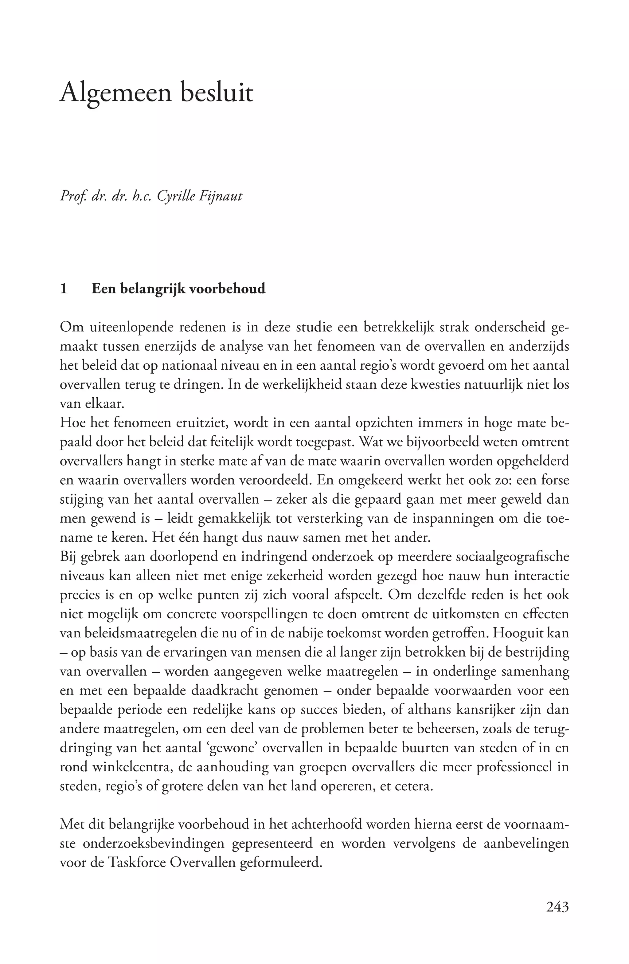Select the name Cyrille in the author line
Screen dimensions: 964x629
click(x=179, y=196)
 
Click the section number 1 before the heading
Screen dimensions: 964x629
click(x=63, y=289)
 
